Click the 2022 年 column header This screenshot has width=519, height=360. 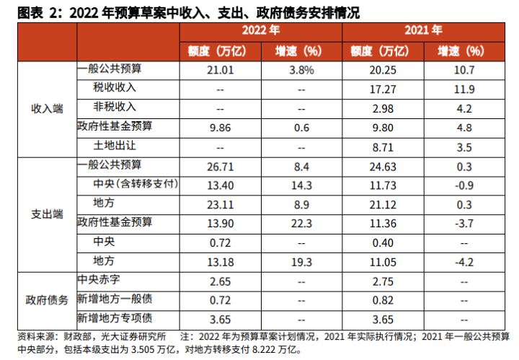coord(260,31)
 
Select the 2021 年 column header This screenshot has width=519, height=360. coord(424,31)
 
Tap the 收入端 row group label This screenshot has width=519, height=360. coord(47,108)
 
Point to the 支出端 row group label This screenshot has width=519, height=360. coord(47,214)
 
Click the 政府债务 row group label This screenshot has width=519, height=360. coord(47,298)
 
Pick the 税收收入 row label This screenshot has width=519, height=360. coord(115,88)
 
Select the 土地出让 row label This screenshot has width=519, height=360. coord(115,146)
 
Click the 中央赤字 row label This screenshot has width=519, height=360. coord(98,280)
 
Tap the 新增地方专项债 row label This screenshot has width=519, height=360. coord(115,317)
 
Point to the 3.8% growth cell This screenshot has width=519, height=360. coord(302,69)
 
